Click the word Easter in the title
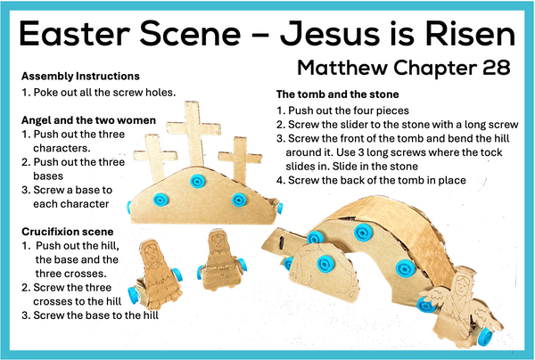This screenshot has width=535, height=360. point(75,34)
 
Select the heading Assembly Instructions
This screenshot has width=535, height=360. point(80,76)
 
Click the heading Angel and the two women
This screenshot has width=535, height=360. point(88,120)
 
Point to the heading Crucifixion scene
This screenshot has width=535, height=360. point(68,232)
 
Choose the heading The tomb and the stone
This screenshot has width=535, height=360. point(337,94)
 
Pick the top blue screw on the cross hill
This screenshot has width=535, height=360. point(197,181)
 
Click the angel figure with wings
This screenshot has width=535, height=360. point(461,302)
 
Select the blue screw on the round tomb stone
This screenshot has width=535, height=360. point(325,264)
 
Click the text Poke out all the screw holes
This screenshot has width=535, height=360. point(104,93)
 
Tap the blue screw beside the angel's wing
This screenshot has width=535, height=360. point(425,305)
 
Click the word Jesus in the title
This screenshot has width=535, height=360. point(330,34)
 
